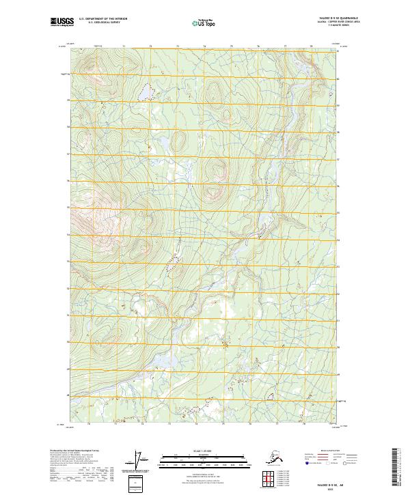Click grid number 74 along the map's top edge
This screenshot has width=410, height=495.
[x=204, y=46]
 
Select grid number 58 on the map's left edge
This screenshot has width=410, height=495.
[x=68, y=127]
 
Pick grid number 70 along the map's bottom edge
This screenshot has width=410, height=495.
[x=90, y=424]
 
